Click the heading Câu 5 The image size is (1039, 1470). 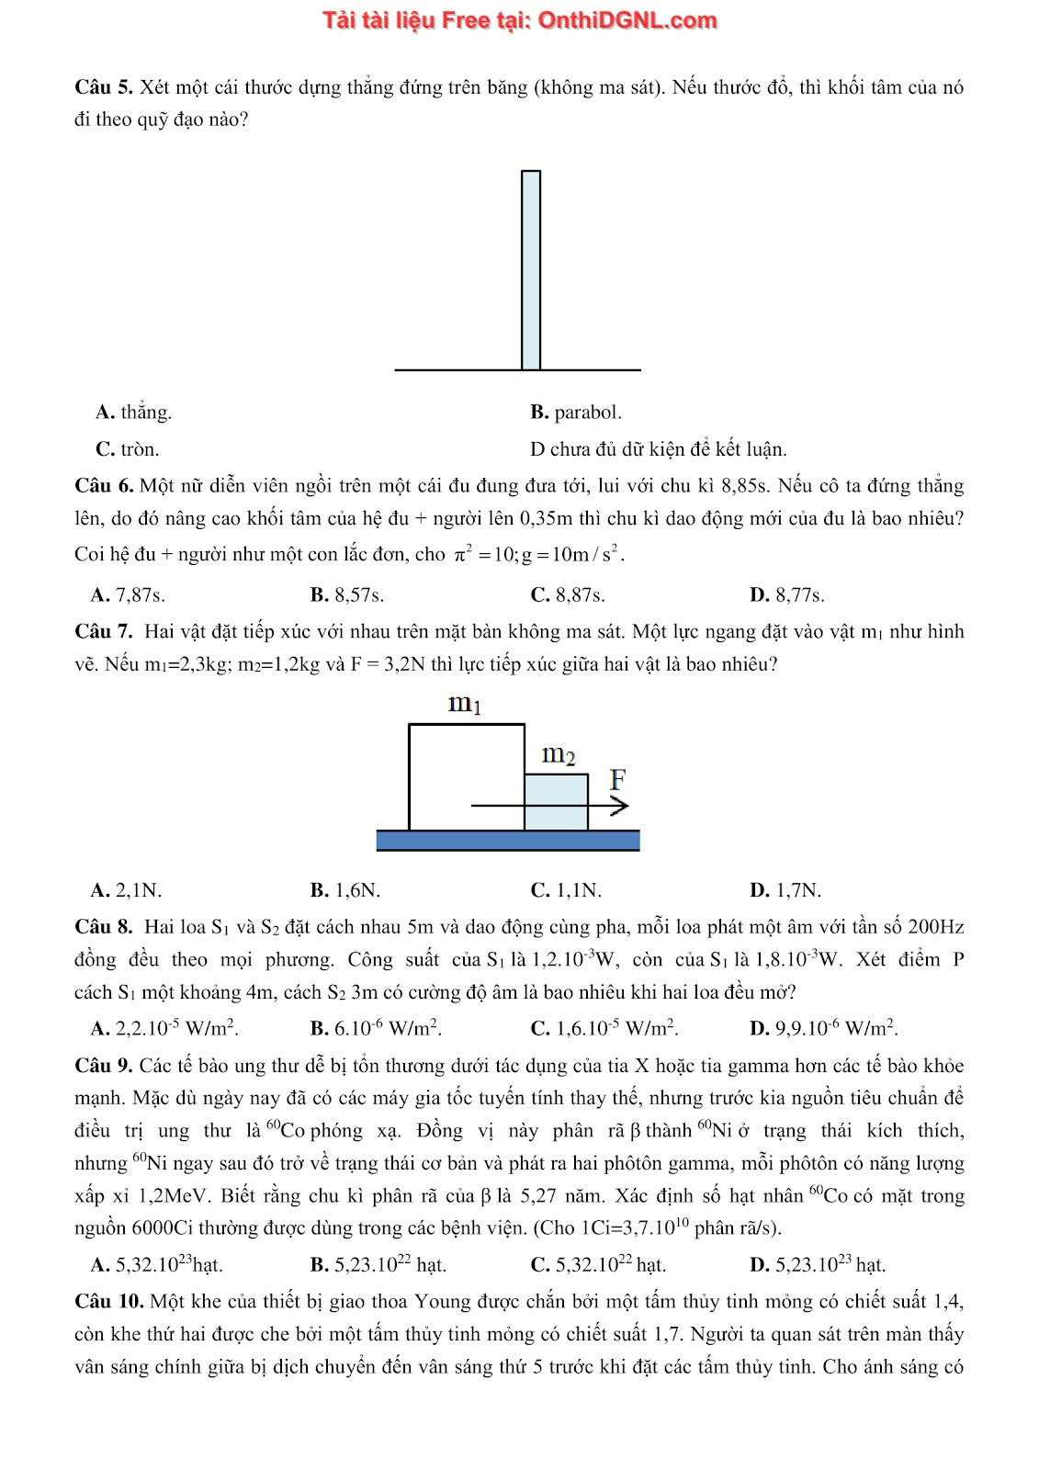pyautogui.click(x=105, y=87)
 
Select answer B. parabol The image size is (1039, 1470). pyautogui.click(x=576, y=413)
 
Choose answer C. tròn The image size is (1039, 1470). pyautogui.click(x=128, y=449)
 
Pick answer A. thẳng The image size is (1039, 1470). pyautogui.click(x=134, y=413)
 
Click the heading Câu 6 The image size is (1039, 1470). pyautogui.click(x=105, y=486)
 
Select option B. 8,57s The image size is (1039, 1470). pyautogui.click(x=347, y=595)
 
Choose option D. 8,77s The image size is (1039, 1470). pyautogui.click(x=787, y=595)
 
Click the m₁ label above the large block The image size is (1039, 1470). pyautogui.click(x=465, y=705)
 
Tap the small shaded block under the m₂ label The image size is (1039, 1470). pyautogui.click(x=556, y=802)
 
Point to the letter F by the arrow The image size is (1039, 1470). pyautogui.click(x=618, y=780)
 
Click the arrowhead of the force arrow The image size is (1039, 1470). pyautogui.click(x=620, y=807)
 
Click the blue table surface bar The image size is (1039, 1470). pyautogui.click(x=508, y=840)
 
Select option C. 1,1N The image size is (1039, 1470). pyautogui.click(x=567, y=890)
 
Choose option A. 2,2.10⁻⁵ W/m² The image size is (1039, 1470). pyautogui.click(x=165, y=1028)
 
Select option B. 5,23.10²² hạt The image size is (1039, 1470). pyautogui.click(x=378, y=1265)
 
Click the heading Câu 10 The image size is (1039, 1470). pyautogui.click(x=109, y=1302)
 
